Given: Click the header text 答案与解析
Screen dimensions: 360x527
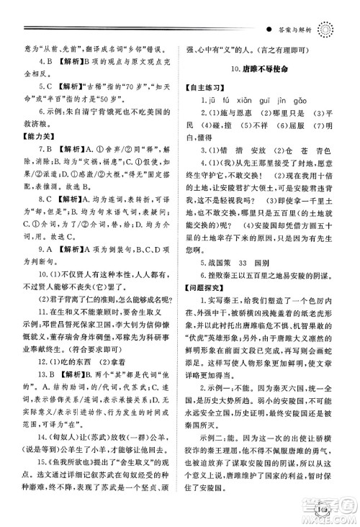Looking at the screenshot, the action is [294, 31].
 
